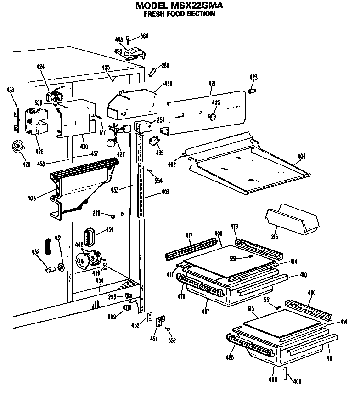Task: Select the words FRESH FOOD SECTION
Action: [180, 14]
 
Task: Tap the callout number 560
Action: [144, 36]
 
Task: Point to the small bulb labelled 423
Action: [252, 91]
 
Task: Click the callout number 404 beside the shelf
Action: [301, 157]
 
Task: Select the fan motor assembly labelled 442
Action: [90, 259]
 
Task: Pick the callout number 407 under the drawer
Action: [205, 312]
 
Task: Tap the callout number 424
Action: [40, 67]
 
